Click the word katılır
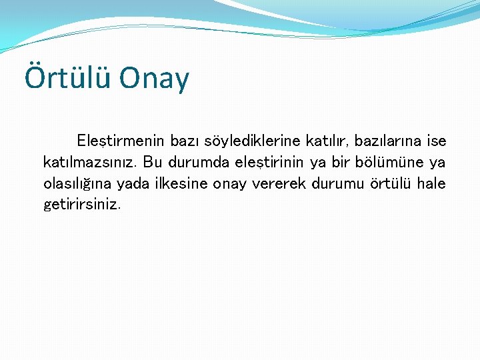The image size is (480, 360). click(x=327, y=141)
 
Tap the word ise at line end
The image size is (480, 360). click(x=435, y=141)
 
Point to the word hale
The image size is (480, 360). click(x=431, y=183)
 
